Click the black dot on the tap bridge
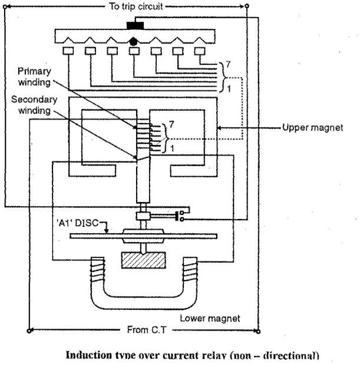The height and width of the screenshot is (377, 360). pyautogui.click(x=134, y=42)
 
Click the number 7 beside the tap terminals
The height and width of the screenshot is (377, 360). pyautogui.click(x=222, y=64)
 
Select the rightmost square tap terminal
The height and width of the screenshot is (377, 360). pyautogui.click(x=202, y=51)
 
